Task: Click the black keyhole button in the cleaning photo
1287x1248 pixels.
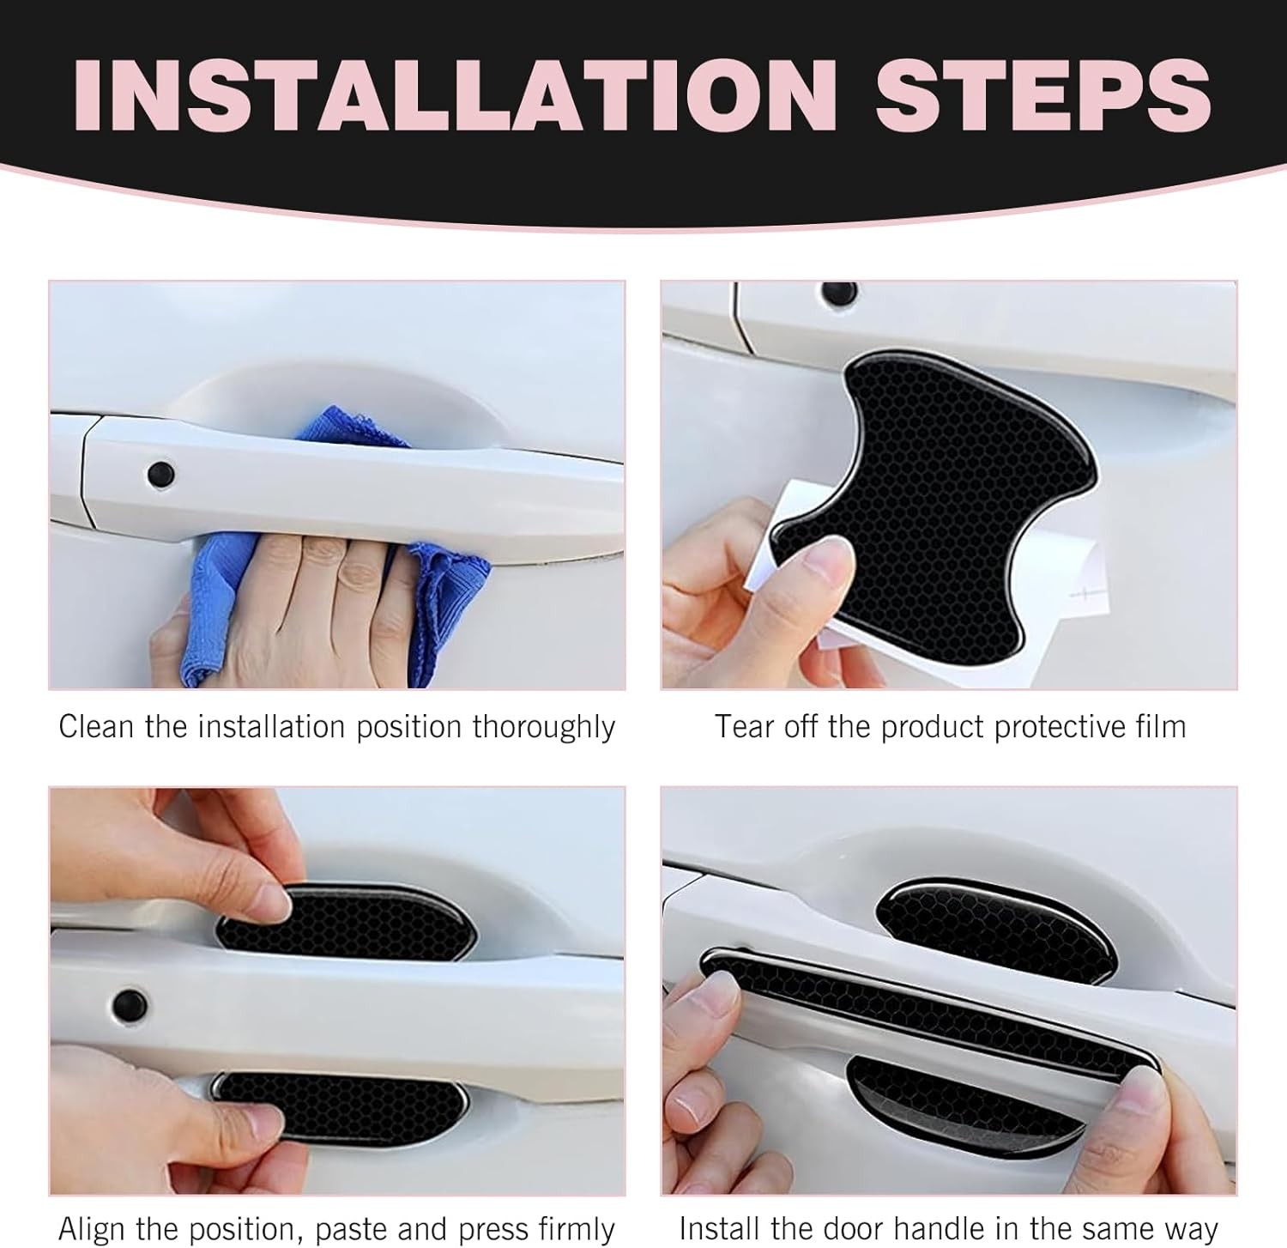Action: (160, 472)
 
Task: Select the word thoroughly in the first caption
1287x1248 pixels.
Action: (544, 728)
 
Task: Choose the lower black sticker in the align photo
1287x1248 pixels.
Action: (339, 1103)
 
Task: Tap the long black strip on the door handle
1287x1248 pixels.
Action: (931, 1013)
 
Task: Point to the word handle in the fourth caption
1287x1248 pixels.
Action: (953, 1228)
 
